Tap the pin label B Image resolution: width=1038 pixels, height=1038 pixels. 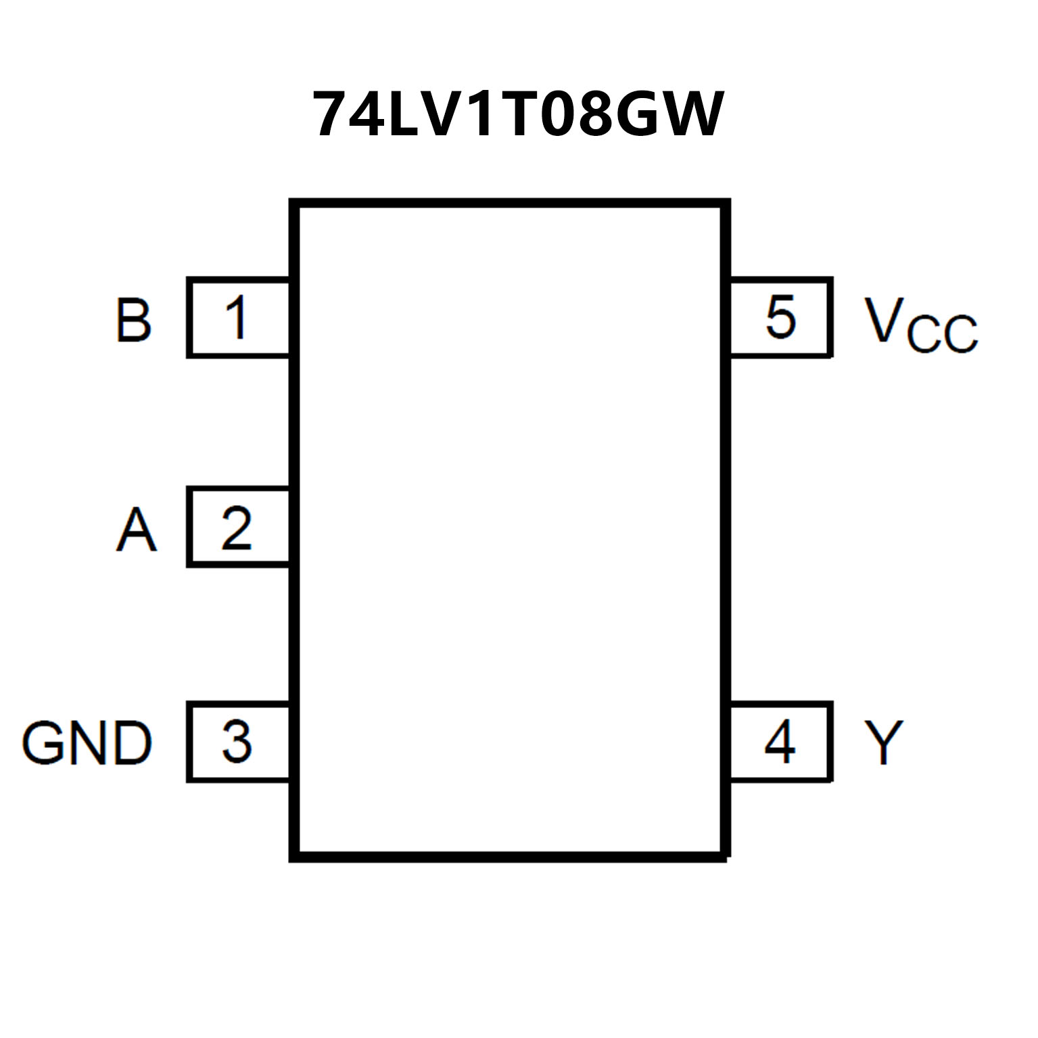coord(133,319)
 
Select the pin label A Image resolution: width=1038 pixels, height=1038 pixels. coord(136,530)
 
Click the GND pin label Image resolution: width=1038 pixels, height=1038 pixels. coord(87,742)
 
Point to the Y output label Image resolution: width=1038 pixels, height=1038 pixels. coord(883,742)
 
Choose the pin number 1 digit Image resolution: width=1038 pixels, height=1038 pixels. coord(236,318)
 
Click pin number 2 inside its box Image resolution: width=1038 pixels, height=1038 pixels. coord(236,528)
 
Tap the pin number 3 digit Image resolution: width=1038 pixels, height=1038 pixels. coord(237,742)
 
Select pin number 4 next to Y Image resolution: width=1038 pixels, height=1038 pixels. coord(780,742)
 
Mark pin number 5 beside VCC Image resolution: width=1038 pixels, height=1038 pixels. coord(780,317)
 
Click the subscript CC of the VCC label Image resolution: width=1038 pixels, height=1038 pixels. coord(943,333)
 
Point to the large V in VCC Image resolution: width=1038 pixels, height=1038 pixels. coord(884,319)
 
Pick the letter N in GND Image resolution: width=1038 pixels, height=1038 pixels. coord(90,742)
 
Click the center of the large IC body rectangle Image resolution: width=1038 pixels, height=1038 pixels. coord(511,531)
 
